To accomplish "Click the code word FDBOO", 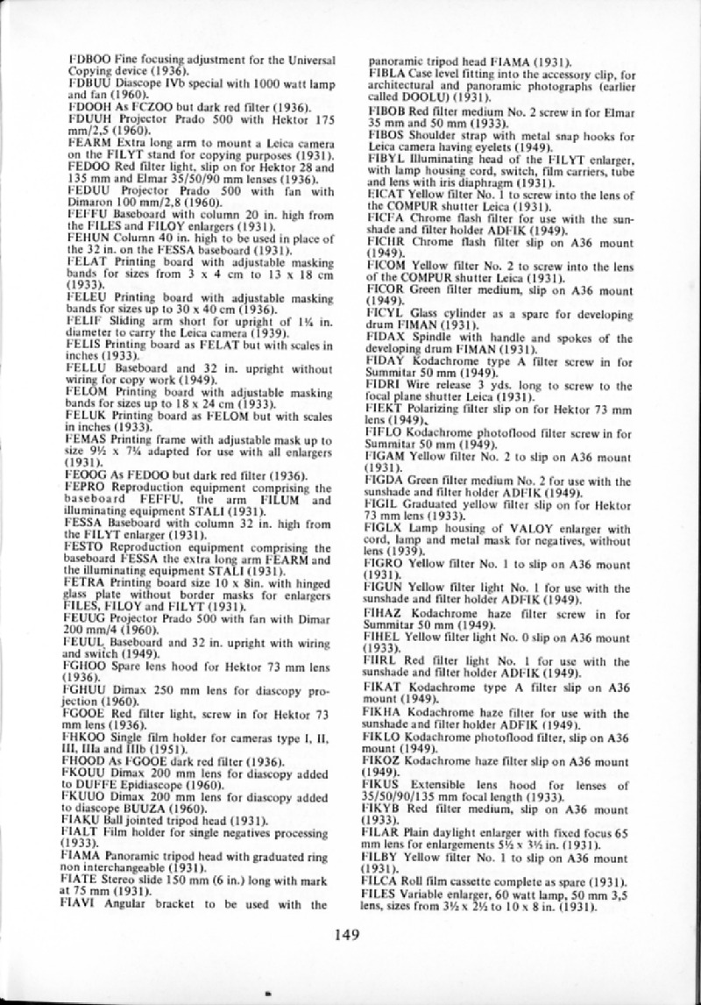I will (84, 60).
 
